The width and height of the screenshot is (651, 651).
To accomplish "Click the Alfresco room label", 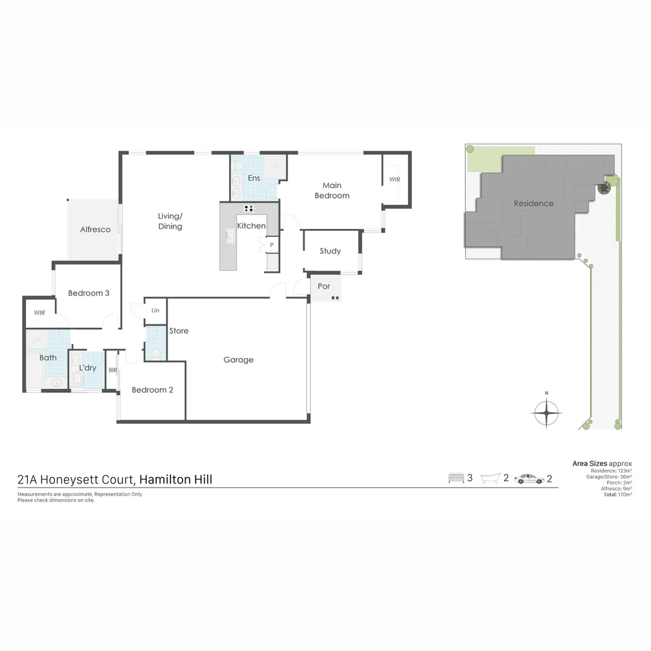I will pyautogui.click(x=95, y=230).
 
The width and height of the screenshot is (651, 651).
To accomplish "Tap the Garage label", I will pyautogui.click(x=238, y=360).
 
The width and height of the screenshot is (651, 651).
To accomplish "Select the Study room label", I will pyautogui.click(x=330, y=251).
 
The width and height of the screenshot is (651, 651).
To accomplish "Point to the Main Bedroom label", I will pyautogui.click(x=332, y=190).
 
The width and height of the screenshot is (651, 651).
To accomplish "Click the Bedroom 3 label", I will pyautogui.click(x=89, y=293).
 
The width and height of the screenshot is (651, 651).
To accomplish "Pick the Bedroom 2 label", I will pyautogui.click(x=153, y=390).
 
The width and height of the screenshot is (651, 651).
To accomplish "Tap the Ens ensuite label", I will pyautogui.click(x=254, y=178).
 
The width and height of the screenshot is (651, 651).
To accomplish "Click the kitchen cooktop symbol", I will pyautogui.click(x=250, y=209).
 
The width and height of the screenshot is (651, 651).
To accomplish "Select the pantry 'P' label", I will pyautogui.click(x=272, y=245).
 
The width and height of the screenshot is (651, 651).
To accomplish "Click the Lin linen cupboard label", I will pyautogui.click(x=156, y=310).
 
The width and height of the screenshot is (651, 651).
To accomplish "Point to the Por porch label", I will pyautogui.click(x=324, y=286).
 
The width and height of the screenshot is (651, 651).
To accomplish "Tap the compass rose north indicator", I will pyautogui.click(x=547, y=413).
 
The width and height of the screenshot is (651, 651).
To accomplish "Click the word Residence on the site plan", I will pyautogui.click(x=533, y=204).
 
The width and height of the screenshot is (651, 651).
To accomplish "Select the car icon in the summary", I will pyautogui.click(x=529, y=479).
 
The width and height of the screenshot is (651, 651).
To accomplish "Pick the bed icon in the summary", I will pyautogui.click(x=456, y=479).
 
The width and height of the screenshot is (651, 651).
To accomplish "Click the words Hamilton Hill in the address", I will pyautogui.click(x=175, y=480).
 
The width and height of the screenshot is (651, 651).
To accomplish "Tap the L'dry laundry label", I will pyautogui.click(x=88, y=368).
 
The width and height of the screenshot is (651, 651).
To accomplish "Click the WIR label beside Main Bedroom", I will pyautogui.click(x=394, y=180).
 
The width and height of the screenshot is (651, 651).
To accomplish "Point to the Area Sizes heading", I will pyautogui.click(x=590, y=464).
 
